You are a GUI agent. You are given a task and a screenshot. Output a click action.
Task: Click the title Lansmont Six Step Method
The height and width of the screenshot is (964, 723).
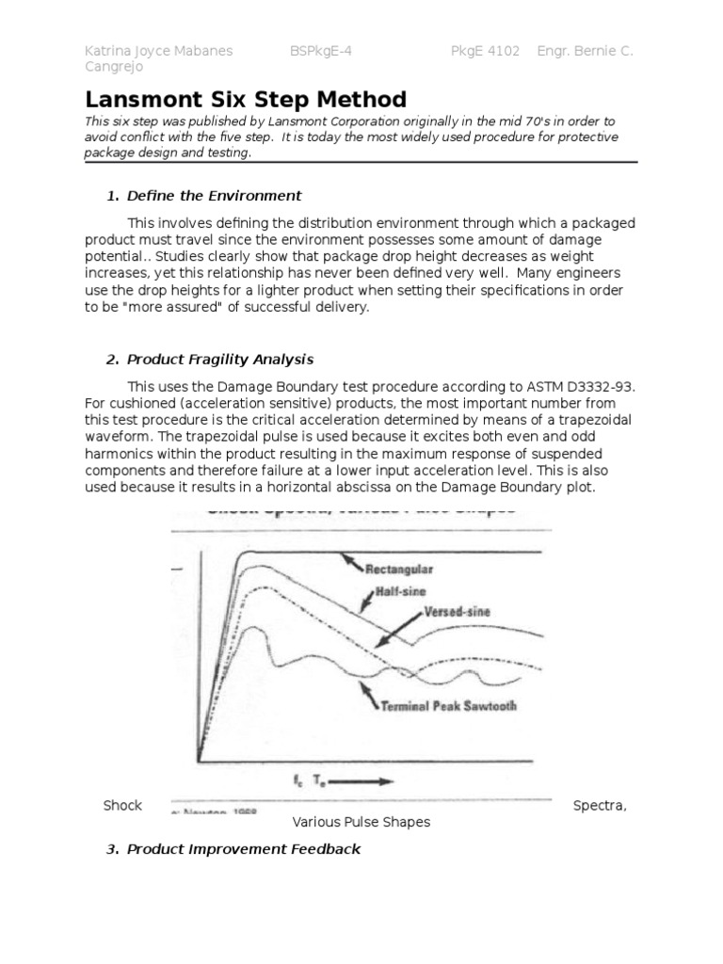[246, 100]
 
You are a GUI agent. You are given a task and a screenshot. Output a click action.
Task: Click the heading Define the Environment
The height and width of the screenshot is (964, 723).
[214, 196]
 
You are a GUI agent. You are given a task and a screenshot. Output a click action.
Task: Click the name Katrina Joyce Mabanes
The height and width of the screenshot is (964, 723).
[159, 52]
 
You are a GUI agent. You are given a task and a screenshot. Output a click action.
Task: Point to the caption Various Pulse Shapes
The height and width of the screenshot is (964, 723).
[361, 822]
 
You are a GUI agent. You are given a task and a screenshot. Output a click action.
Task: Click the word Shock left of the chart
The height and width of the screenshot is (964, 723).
[122, 805]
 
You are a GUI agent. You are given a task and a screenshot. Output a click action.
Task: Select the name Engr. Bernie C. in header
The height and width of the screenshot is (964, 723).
[585, 52]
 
